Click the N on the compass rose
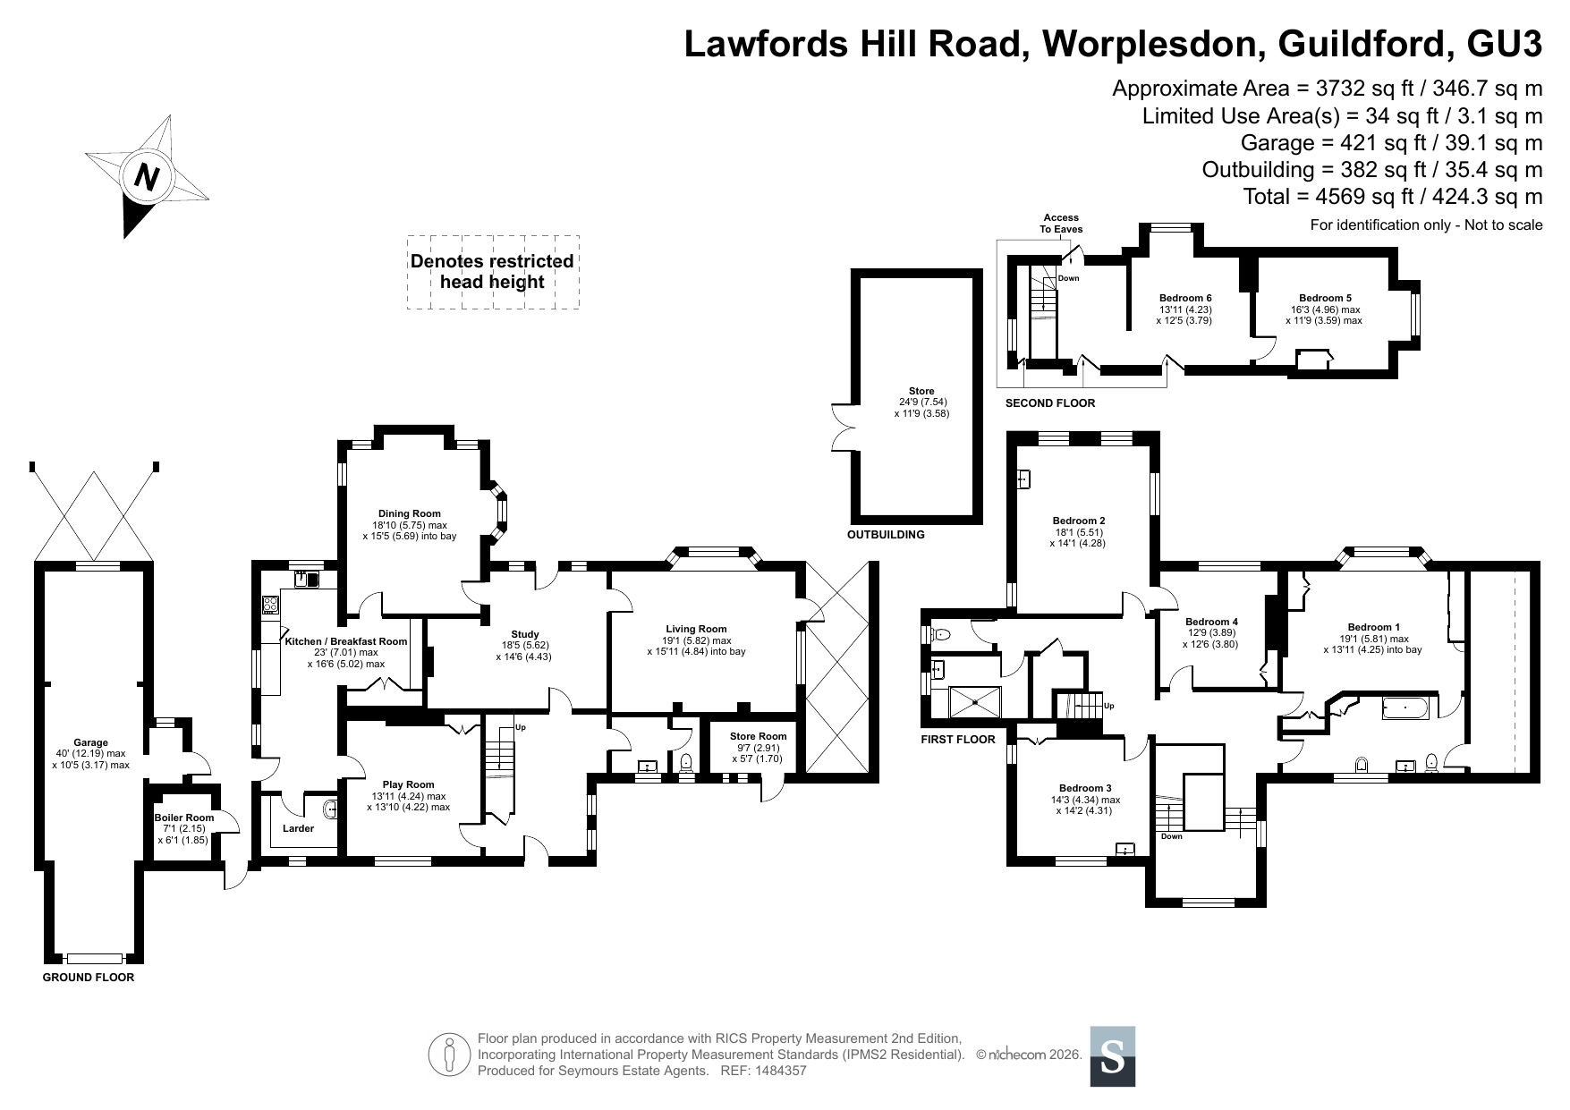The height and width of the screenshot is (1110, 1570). pos(147,177)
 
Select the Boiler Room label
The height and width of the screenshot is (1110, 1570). pos(184,818)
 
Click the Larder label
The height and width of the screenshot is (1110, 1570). pos(298,828)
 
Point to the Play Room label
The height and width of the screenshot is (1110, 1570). pos(408,784)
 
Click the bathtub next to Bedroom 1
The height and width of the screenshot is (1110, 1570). pos(1408,709)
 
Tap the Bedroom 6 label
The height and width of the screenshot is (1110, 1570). pos(1185,298)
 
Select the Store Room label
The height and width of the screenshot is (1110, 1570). pos(760,736)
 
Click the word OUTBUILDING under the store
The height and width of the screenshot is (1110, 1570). pos(886,535)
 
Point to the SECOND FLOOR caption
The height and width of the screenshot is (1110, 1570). pos(1050,403)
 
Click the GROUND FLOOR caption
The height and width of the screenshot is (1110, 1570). pos(89,978)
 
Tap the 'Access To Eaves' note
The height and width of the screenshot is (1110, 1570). pos(1061,224)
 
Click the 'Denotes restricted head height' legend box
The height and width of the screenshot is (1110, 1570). pos(493,272)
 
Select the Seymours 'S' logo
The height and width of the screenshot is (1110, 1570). pos(1113,1056)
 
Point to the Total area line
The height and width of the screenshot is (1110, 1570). pos(1393,197)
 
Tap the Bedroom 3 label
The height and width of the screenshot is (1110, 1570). pos(1086,788)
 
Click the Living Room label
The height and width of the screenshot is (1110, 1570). pos(696,629)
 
